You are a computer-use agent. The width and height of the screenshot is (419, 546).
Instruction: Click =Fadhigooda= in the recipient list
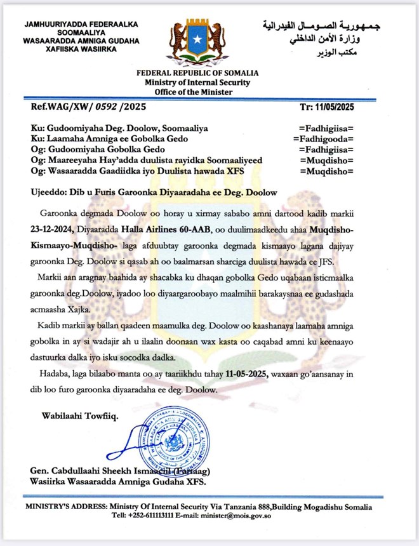(323, 138)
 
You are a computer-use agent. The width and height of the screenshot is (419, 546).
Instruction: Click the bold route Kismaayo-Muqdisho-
(60, 243)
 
